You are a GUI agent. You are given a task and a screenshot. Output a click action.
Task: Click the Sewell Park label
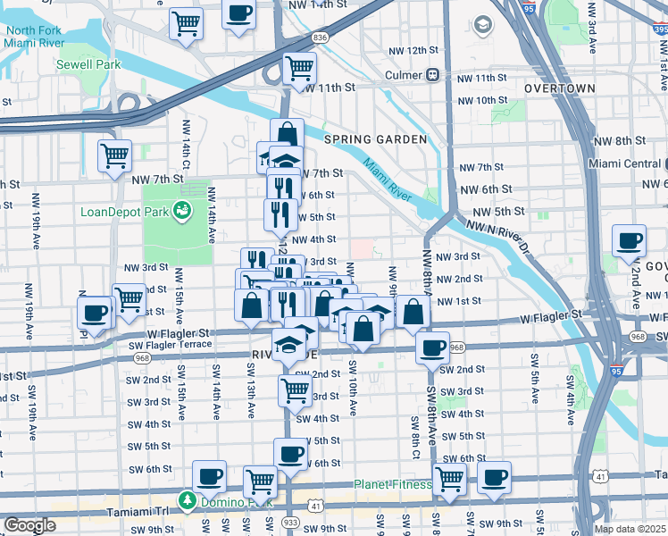point(87,64)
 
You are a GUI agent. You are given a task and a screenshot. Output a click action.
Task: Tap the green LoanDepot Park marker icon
point(182,211)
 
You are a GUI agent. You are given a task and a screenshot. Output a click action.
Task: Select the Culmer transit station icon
point(433,74)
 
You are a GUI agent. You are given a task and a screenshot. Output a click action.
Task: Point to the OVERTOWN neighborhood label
point(560,88)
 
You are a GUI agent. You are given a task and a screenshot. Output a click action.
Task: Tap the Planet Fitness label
point(392,485)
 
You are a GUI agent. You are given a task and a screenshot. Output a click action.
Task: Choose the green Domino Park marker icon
point(187,499)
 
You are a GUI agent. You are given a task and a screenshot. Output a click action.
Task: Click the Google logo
point(29,525)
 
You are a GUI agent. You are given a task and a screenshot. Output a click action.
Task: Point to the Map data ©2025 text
point(630,529)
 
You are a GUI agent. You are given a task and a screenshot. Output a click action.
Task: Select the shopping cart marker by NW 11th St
point(299,68)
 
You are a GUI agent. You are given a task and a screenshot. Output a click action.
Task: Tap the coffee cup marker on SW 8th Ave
point(433,348)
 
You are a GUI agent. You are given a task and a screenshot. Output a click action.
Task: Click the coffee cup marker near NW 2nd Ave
point(630,240)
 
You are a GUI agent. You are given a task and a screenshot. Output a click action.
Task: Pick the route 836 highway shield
point(320,38)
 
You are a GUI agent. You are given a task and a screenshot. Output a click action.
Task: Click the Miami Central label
point(625,163)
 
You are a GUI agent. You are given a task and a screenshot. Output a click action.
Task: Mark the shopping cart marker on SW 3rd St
point(294,389)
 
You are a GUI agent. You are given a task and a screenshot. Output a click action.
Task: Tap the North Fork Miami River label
point(33,37)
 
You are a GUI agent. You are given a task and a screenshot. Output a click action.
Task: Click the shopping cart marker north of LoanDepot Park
point(114,155)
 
